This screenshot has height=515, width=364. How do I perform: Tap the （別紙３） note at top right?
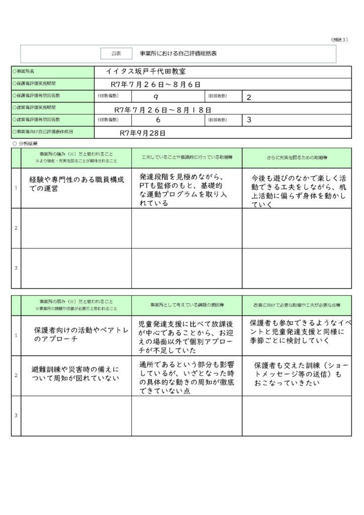[x=339, y=40]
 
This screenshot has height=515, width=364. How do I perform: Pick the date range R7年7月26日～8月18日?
[x=162, y=109]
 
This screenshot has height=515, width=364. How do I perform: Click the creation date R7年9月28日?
[x=143, y=133]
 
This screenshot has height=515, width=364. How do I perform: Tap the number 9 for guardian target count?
[x=156, y=97]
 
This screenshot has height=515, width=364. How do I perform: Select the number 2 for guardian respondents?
[x=249, y=97]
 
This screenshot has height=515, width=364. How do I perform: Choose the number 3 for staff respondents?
[x=249, y=121]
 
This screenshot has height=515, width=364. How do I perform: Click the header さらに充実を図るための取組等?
[x=297, y=158]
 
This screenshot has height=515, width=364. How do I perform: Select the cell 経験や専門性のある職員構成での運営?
[x=75, y=184]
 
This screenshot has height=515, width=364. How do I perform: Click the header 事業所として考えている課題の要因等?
[x=187, y=305]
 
